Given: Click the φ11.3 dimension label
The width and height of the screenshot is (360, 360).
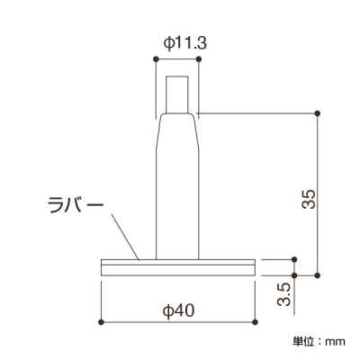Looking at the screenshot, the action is (185, 43).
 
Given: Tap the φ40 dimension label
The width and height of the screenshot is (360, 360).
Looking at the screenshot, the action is (178, 310).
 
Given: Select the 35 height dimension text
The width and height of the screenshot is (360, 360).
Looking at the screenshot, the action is (309, 199).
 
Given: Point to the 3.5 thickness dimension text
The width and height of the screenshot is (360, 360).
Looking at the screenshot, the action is (283, 294).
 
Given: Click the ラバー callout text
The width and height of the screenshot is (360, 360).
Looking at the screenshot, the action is (76, 204).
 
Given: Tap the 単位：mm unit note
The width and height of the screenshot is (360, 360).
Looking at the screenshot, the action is (319, 341).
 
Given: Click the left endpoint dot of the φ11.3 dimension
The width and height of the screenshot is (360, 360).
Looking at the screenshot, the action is (156, 59).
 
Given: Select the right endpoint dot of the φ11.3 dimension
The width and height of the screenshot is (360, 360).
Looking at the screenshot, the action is (198, 59).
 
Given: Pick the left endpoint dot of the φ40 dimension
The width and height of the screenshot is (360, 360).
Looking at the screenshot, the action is (101, 322).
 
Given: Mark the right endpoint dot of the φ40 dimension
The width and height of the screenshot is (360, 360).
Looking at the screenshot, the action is (255, 322).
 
